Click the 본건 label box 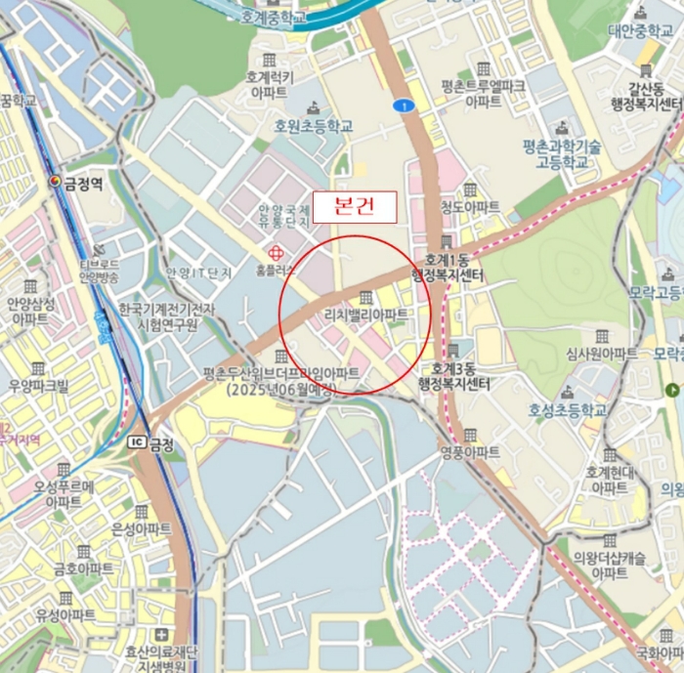(354, 207)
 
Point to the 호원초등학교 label (313, 125)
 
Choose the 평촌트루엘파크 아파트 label (483, 93)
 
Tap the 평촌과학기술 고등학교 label (560, 153)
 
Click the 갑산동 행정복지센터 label (645, 97)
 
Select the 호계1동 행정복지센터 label (449, 269)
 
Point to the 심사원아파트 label (601, 352)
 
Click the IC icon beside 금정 (136, 442)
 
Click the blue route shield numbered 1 (400, 105)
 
